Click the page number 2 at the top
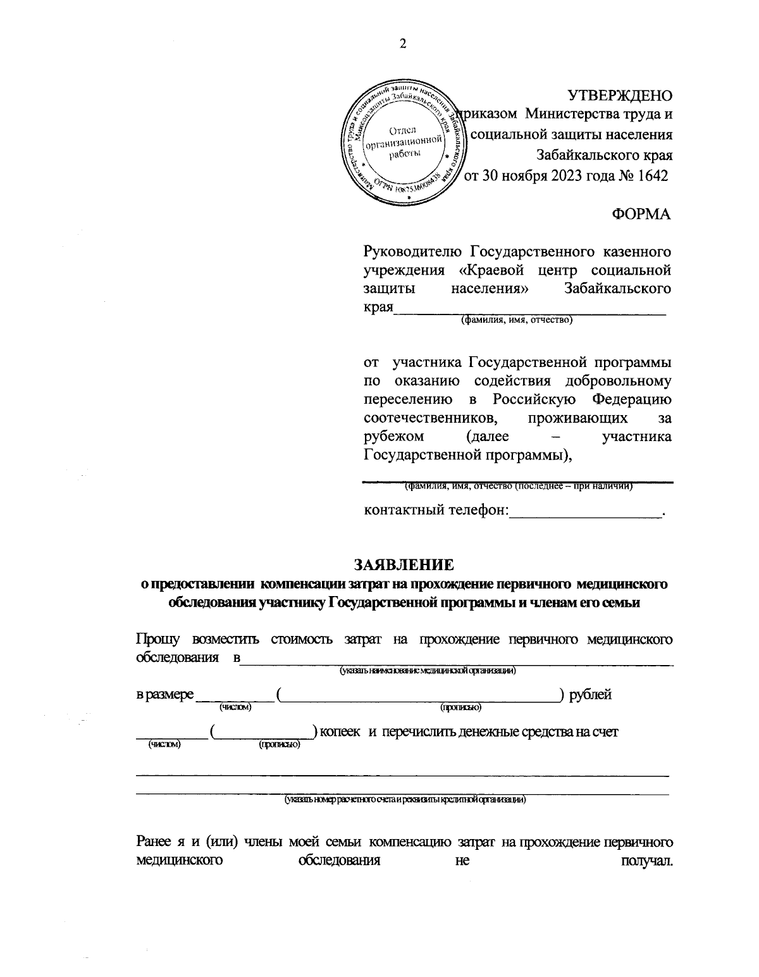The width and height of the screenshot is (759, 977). click(402, 44)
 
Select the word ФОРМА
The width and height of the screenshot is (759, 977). click(641, 215)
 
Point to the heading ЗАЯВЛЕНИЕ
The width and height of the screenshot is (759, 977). click(403, 564)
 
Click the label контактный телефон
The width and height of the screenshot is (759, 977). click(436, 510)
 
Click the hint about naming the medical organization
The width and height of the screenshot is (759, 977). click(428, 671)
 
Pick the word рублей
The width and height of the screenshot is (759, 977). click(590, 694)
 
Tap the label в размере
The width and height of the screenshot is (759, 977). click(165, 694)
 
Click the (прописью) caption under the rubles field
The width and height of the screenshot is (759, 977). click(460, 708)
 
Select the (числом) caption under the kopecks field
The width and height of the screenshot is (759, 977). click(164, 745)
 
